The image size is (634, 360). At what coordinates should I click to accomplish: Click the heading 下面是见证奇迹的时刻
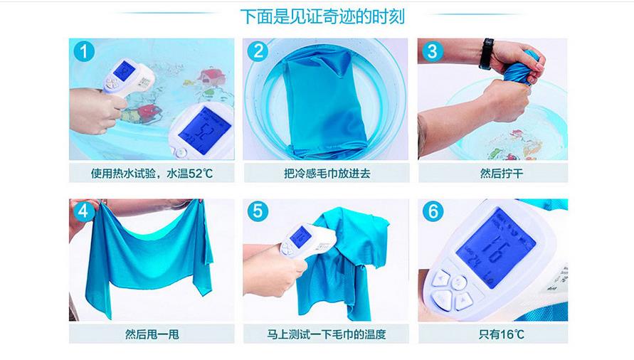click(322, 17)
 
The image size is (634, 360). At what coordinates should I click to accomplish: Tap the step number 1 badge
click(84, 51)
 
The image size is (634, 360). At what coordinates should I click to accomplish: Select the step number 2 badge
click(258, 51)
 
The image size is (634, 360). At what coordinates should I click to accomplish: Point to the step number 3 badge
click(432, 51)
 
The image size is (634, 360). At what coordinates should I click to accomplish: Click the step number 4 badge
click(83, 211)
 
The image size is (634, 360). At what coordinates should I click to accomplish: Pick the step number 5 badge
click(258, 211)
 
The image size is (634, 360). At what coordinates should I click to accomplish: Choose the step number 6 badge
click(433, 211)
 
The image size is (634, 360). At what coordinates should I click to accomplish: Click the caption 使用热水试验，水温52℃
click(152, 174)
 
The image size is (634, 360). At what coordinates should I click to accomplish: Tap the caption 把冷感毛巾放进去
click(327, 174)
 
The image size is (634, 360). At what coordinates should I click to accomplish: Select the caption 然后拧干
click(502, 174)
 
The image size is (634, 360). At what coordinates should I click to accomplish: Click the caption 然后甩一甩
click(152, 334)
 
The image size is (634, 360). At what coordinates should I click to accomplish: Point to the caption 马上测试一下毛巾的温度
click(327, 334)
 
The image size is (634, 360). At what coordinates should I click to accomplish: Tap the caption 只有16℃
click(502, 334)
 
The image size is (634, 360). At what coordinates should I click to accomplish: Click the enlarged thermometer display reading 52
click(204, 130)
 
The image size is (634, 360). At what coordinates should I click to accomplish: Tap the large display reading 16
click(495, 247)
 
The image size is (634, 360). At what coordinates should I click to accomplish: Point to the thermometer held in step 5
click(307, 242)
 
